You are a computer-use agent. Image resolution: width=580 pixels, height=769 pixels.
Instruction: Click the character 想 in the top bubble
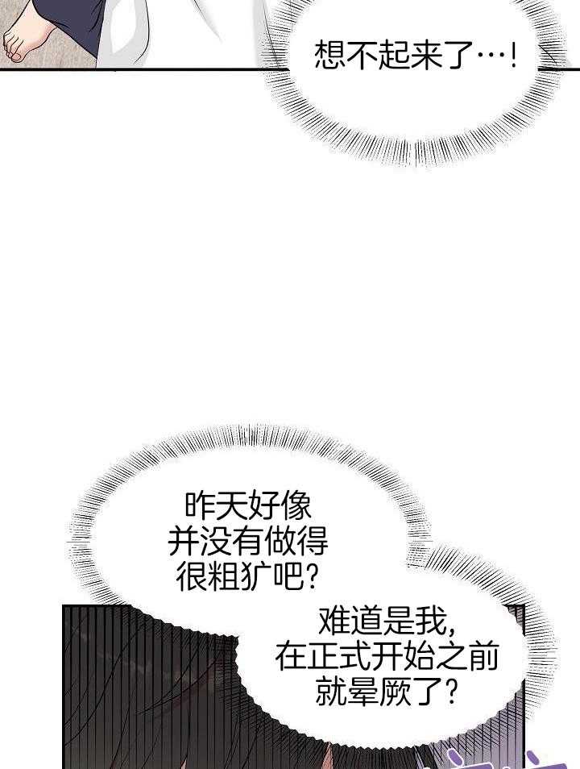coord(329,56)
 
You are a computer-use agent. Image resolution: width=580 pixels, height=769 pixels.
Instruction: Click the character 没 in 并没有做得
coord(217,542)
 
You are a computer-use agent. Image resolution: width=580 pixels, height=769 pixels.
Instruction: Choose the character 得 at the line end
coord(313,542)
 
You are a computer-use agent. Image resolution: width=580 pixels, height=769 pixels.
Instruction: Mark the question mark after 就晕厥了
coord(452,692)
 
